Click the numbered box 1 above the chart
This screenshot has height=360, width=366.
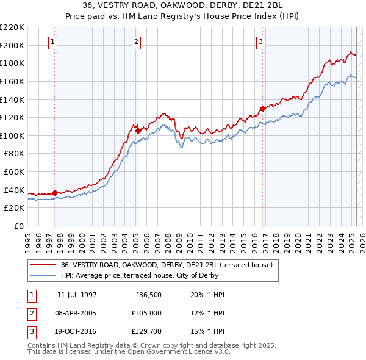(53, 42)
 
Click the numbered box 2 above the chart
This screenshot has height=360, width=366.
(136, 42)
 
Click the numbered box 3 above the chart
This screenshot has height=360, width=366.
(260, 42)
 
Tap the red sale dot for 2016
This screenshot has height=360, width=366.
(262, 109)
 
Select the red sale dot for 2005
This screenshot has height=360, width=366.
(138, 131)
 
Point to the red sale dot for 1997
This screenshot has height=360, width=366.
(55, 193)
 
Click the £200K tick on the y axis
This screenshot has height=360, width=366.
(12, 45)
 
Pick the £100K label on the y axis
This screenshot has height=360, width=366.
(12, 135)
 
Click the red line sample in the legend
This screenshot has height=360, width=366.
(43, 265)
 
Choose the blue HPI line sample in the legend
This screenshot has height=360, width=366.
(43, 275)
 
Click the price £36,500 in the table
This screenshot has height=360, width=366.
(146, 295)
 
